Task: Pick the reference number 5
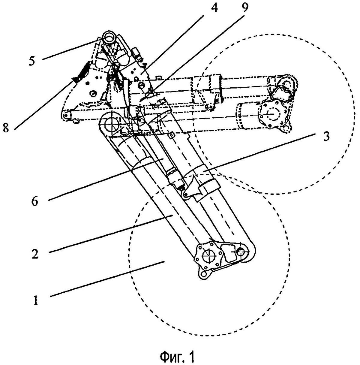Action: (x=32, y=61)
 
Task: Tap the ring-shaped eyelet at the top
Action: (x=108, y=38)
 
